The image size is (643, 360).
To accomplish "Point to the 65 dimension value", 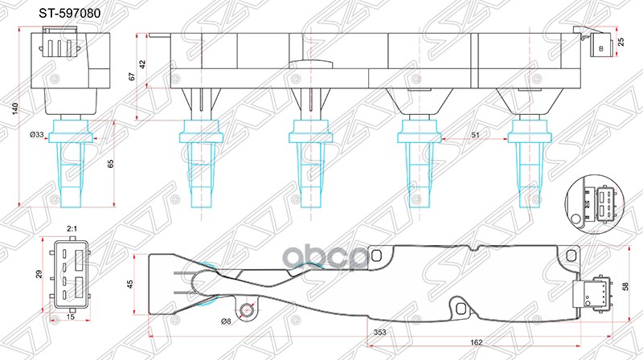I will point(110,162).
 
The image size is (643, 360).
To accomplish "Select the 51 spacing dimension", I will point(475,136).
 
